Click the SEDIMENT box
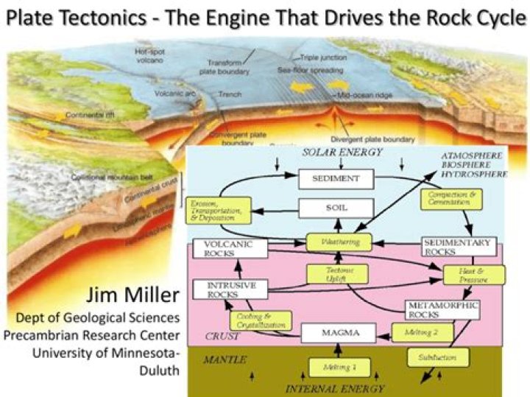pos(336,179)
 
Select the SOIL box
pos(336,208)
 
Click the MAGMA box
pos(340,333)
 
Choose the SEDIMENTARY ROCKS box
pos(459,247)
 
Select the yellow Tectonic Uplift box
pos(336,274)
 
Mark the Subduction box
pos(438,358)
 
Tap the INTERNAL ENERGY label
pos(335,387)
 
